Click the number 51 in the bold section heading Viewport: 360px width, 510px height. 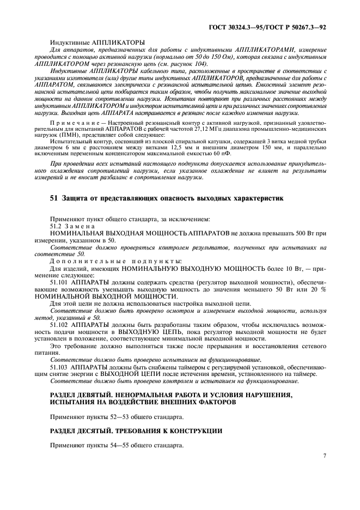[x=54, y=198]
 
